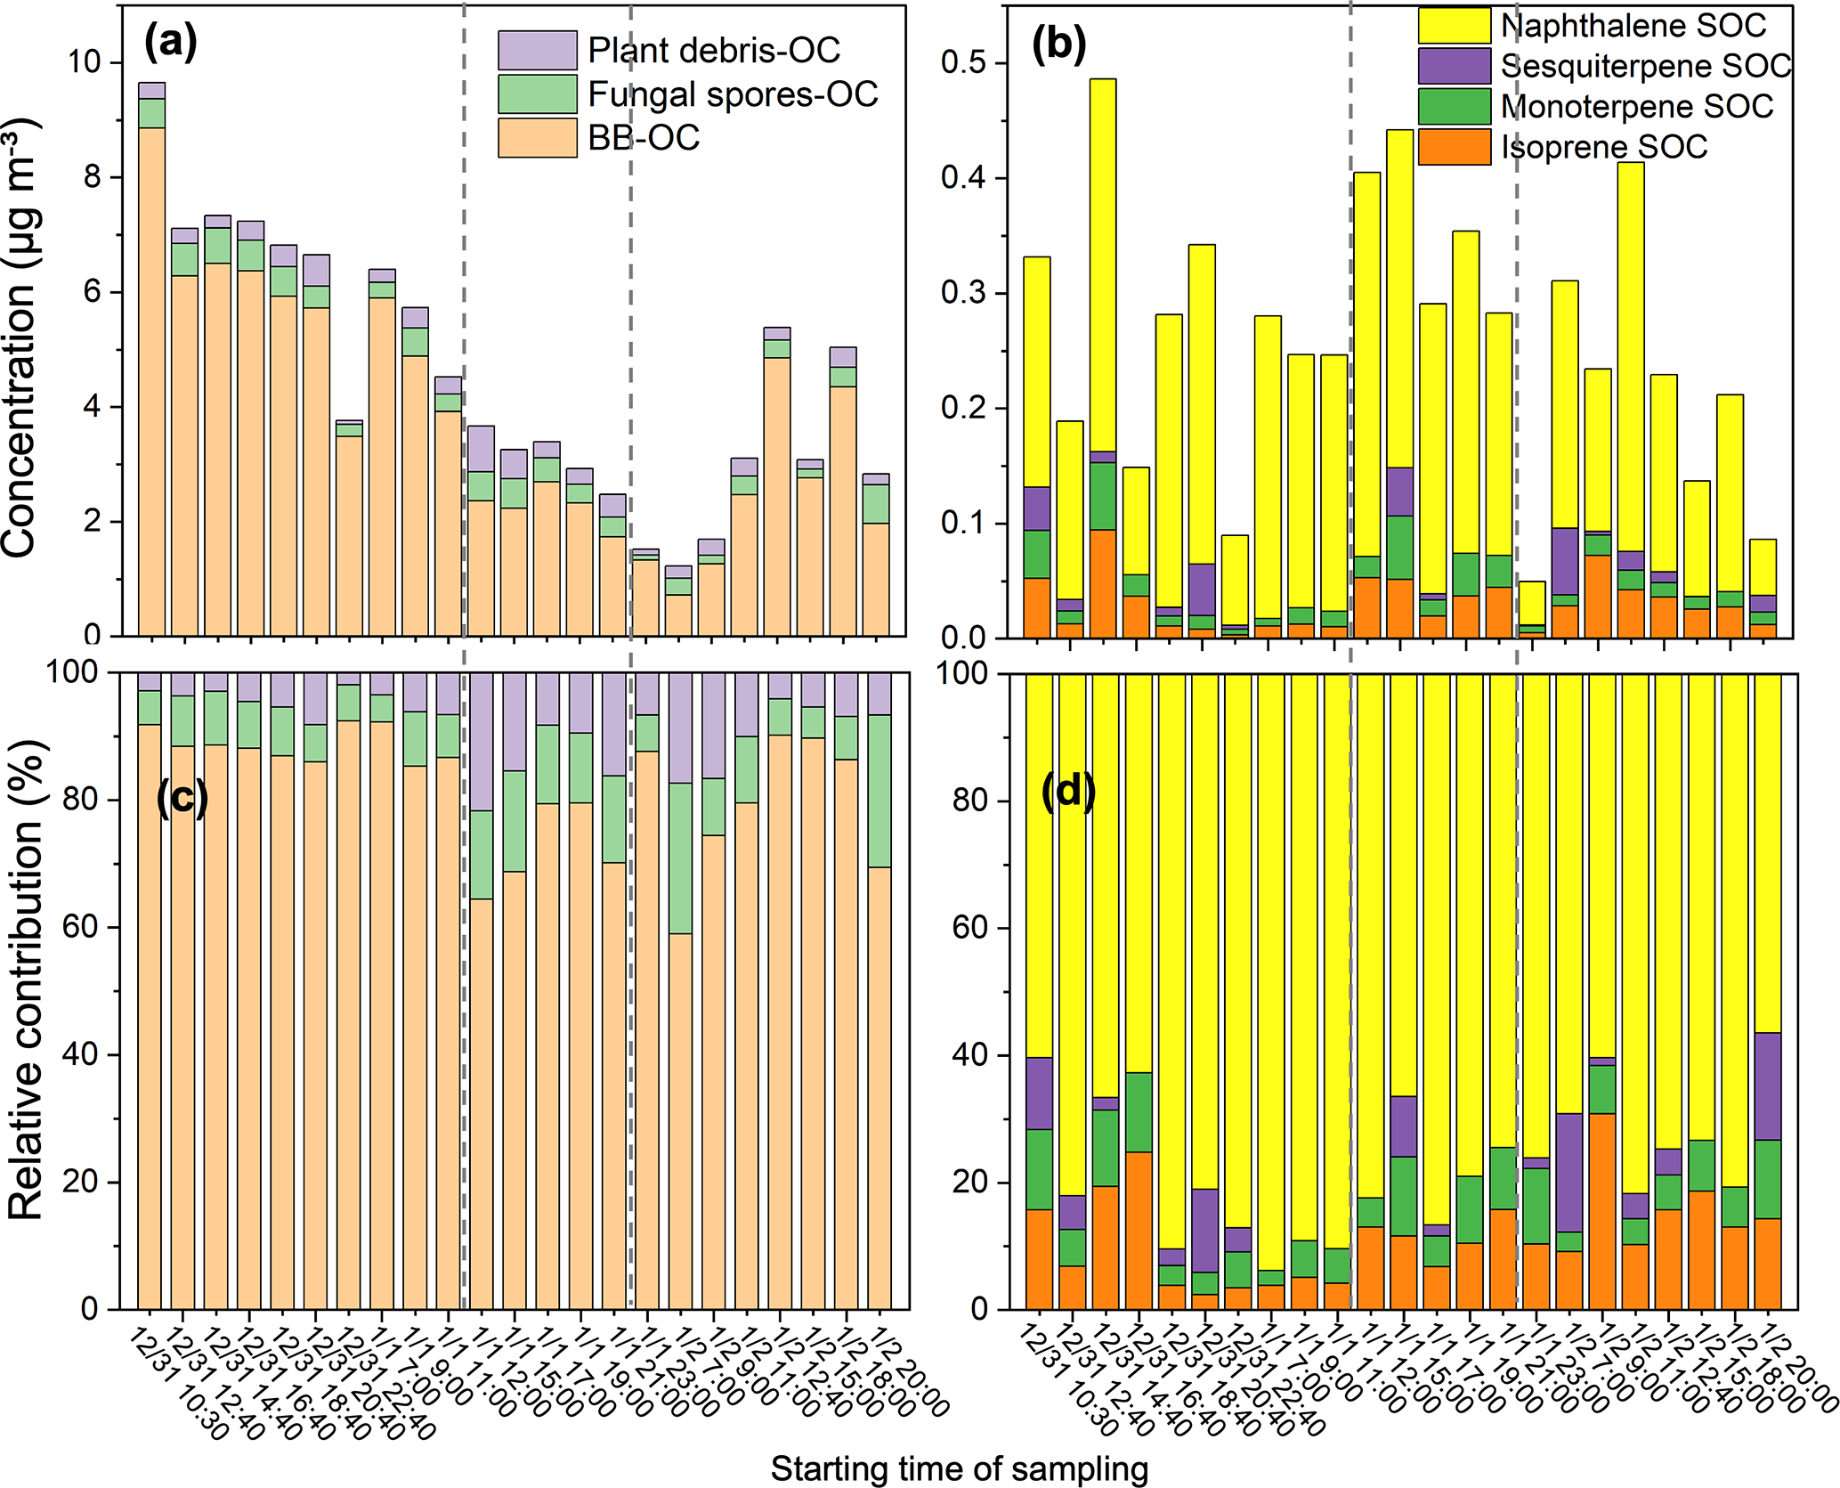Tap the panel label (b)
pos(1058,44)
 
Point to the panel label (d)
pos(1068,790)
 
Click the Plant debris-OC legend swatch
pos(537,50)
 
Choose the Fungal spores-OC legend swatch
pos(537,94)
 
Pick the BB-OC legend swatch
pos(537,138)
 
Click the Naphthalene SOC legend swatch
pos(1454,25)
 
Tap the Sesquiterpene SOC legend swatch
pos(1454,66)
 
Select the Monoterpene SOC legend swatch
pos(1454,106)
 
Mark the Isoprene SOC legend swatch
pos(1454,147)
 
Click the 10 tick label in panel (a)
pos(84,62)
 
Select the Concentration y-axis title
pos(21,338)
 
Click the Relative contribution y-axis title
pos(25,980)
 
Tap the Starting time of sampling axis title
pos(959,1468)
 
